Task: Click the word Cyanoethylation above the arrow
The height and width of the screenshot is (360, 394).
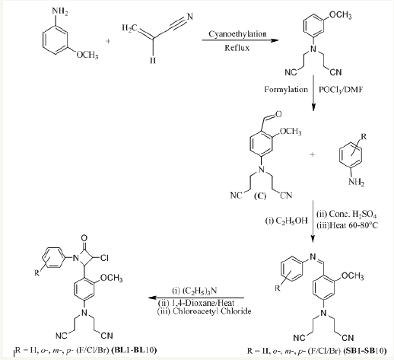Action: [x=237, y=34]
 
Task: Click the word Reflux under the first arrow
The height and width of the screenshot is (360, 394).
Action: [x=237, y=48]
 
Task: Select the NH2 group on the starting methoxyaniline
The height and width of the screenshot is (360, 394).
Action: [x=59, y=11]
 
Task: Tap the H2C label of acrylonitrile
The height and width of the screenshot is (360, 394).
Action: [x=129, y=27]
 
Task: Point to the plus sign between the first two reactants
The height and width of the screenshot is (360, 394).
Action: [x=108, y=41]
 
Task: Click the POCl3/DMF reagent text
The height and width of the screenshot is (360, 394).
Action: [x=341, y=90]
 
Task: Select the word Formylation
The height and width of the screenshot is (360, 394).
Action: [x=286, y=90]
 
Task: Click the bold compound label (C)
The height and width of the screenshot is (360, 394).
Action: [x=260, y=196]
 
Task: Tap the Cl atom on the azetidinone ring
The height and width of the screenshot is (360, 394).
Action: [x=104, y=258]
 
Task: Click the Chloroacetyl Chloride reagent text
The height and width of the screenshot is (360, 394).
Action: [x=204, y=311]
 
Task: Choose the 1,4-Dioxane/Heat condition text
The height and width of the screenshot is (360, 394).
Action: [x=196, y=303]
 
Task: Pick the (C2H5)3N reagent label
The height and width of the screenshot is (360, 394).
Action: [x=195, y=291]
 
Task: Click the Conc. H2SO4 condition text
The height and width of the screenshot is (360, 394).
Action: [x=346, y=215]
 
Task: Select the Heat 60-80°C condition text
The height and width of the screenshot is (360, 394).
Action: [x=347, y=225]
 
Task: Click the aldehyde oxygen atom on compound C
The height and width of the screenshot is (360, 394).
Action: [x=278, y=114]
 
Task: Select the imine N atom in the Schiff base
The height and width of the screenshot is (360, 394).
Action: [x=313, y=256]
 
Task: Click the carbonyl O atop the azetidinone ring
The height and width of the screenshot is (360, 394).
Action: [x=84, y=238]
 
